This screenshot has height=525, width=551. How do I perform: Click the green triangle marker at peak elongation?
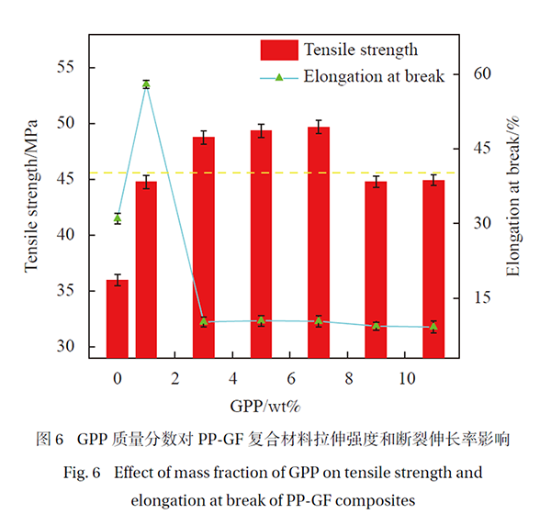(x=146, y=84)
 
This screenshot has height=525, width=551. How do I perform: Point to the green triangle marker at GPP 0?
(x=118, y=218)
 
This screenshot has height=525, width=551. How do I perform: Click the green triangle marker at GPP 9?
(x=376, y=326)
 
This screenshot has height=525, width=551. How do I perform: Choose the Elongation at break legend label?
(x=374, y=76)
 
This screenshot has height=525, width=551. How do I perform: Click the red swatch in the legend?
(x=279, y=50)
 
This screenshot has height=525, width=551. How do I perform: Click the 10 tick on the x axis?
(x=405, y=379)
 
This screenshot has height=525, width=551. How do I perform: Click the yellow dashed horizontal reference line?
(x=275, y=173)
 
